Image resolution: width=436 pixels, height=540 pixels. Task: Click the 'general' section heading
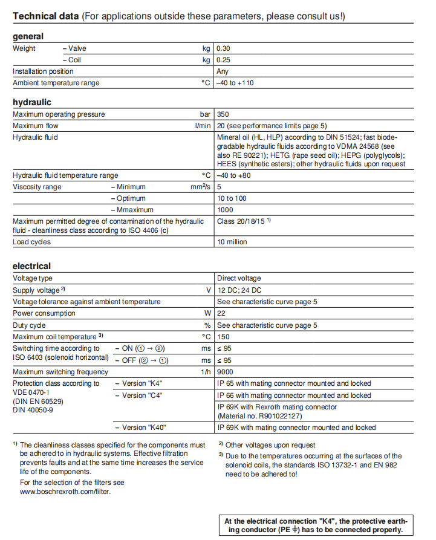[28, 36]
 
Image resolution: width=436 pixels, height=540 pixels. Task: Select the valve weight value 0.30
[224, 48]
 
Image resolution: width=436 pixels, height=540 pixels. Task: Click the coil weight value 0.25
[224, 60]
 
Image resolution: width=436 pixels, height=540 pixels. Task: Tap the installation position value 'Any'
[223, 71]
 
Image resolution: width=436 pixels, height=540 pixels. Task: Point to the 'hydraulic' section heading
[32, 102]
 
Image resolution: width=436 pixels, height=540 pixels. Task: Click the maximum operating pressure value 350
[223, 114]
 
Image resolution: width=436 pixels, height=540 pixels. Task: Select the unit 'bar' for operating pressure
[205, 114]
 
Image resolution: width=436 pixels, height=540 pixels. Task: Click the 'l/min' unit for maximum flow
[203, 126]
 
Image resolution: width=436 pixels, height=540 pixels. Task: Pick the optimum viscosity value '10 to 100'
[232, 198]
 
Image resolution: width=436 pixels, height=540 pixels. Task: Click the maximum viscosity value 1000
[225, 210]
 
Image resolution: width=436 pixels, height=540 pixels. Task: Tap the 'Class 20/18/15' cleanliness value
[241, 221]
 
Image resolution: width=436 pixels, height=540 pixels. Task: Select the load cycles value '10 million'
[232, 242]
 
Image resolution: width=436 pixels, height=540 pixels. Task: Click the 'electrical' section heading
[32, 266]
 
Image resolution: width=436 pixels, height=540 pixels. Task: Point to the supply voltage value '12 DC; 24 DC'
[239, 290]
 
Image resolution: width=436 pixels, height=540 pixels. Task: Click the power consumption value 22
[221, 313]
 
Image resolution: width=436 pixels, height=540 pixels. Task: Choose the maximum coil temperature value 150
[223, 337]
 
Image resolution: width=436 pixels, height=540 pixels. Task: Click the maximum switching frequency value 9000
[225, 372]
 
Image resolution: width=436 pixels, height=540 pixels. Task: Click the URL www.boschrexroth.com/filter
[65, 492]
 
